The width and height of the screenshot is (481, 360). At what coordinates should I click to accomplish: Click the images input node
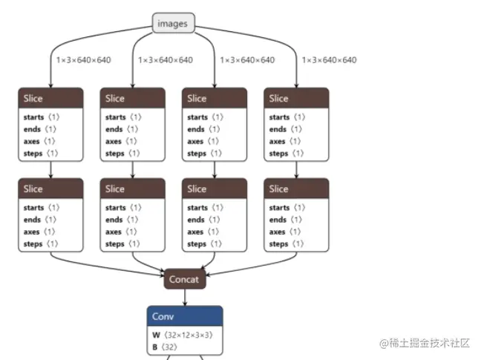point(174,24)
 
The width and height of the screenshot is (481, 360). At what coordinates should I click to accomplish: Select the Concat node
point(183,279)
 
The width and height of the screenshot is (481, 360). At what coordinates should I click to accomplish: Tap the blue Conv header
point(183,316)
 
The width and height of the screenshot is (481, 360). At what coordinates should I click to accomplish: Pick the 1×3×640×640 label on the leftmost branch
point(83,60)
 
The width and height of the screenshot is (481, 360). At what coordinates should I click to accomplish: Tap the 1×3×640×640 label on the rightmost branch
point(329,60)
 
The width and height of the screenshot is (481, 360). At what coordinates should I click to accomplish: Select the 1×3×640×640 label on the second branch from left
point(165,60)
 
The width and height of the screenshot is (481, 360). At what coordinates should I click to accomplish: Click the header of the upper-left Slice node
point(50,98)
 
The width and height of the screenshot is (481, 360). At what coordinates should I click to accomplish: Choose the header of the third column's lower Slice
point(215,189)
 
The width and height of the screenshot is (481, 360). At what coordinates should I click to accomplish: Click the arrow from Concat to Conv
point(183,297)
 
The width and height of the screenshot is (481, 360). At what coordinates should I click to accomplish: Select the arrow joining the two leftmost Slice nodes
point(50,170)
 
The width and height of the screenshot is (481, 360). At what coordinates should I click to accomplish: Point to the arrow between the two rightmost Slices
point(296,170)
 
